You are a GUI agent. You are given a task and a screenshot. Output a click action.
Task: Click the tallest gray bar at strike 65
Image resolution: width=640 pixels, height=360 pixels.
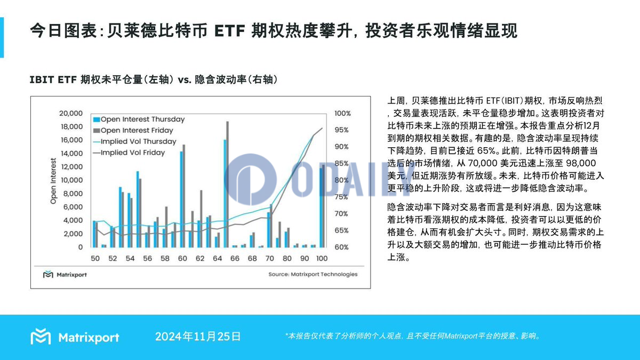pyautogui.click(x=227, y=184)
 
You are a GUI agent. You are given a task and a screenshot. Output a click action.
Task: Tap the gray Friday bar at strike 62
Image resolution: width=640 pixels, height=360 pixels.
pyautogui.click(x=201, y=219)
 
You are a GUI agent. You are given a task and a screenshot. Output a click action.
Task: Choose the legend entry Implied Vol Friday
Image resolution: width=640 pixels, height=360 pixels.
pyautogui.click(x=133, y=153)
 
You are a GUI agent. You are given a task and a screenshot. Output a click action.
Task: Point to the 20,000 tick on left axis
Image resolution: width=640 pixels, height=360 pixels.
pyautogui.click(x=70, y=113)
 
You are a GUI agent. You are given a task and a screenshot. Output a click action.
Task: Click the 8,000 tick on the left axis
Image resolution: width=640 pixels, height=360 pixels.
pyautogui.click(x=72, y=194)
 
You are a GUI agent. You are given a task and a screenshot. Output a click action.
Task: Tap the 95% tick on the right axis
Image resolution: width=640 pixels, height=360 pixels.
pyautogui.click(x=342, y=130)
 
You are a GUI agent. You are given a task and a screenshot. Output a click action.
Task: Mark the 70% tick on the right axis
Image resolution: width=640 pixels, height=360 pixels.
pyautogui.click(x=342, y=214)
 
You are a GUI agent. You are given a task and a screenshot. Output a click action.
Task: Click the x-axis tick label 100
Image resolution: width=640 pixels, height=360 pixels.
pyautogui.click(x=321, y=258)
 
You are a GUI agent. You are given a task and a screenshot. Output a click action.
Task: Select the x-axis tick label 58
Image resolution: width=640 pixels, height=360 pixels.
pyautogui.click(x=164, y=258)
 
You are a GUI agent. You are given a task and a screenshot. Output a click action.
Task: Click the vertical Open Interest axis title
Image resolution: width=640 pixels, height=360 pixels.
pyautogui.click(x=53, y=181)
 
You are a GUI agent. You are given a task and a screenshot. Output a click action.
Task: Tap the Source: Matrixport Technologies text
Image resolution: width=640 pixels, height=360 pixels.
pyautogui.click(x=313, y=274)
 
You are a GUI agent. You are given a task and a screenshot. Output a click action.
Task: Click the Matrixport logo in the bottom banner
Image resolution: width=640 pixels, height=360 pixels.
pyautogui.click(x=75, y=337)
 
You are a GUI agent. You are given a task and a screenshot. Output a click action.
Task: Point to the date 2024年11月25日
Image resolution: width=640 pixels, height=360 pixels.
pyautogui.click(x=198, y=337)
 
